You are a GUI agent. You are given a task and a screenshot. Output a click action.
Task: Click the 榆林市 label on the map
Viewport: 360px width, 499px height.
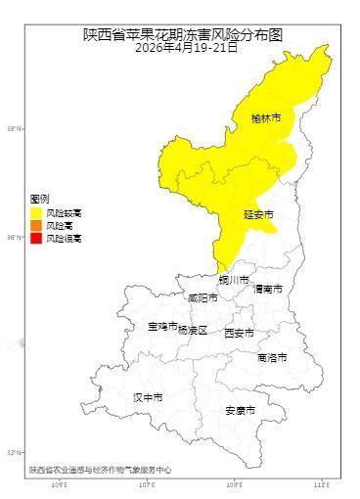click(265, 118)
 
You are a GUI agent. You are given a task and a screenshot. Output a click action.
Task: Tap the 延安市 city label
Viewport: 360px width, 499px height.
click(257, 213)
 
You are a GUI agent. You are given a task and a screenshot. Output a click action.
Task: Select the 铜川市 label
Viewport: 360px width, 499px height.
click(234, 280)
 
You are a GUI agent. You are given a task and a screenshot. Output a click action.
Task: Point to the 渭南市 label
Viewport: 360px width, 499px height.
click(267, 290)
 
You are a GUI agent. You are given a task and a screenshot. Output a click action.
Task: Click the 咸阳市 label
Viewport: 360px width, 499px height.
click(203, 297)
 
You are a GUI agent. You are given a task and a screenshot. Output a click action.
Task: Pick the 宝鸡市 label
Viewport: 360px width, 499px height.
click(162, 326)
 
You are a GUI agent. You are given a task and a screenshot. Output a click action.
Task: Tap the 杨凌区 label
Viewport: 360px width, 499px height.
click(193, 331)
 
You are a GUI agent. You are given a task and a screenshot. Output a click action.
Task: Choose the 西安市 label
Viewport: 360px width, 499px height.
click(240, 333)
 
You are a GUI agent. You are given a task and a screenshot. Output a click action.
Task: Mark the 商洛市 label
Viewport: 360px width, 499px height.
click(272, 358)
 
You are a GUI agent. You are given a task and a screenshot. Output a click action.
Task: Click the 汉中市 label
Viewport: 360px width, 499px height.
click(148, 397)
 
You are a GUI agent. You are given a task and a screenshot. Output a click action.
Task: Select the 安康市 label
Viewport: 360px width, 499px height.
click(240, 410)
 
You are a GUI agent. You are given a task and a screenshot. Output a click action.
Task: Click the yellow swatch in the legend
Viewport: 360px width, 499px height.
click(36, 211)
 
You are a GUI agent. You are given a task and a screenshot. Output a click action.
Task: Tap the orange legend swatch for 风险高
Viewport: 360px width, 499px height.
click(36, 225)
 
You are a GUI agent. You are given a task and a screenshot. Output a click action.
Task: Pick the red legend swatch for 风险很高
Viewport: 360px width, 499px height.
click(36, 238)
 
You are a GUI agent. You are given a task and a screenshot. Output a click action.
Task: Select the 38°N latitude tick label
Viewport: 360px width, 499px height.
click(14, 128)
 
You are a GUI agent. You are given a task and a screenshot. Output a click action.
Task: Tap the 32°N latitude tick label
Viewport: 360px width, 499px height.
click(14, 453)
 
